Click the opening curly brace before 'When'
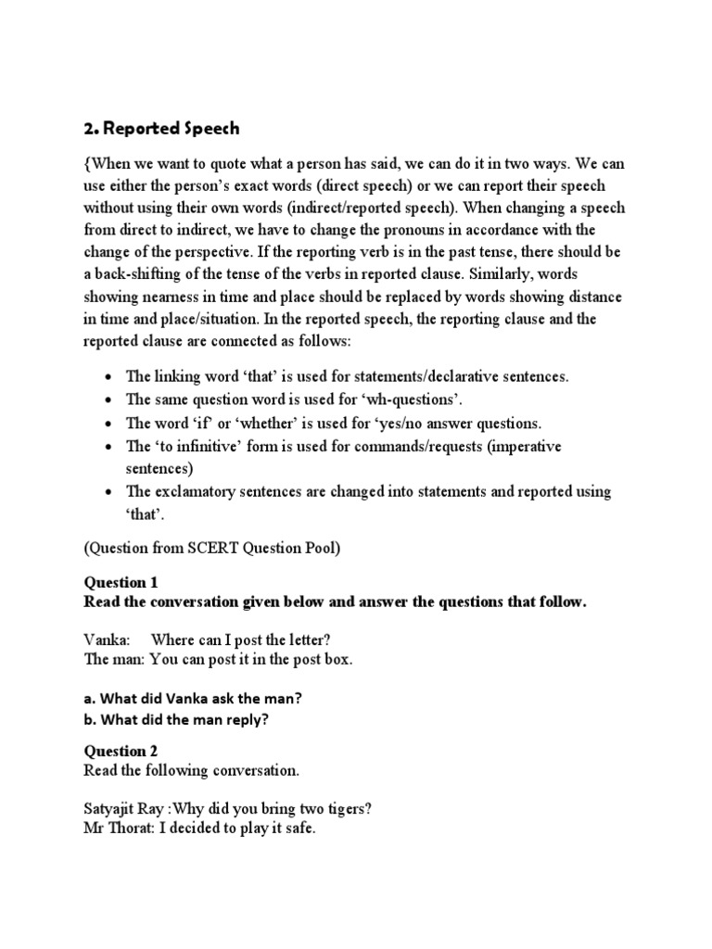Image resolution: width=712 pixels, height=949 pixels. point(87,164)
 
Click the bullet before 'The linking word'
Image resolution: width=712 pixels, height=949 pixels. point(109,377)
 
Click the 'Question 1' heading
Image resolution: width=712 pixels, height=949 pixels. point(121,583)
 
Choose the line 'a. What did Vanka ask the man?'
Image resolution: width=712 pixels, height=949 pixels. point(193,698)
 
